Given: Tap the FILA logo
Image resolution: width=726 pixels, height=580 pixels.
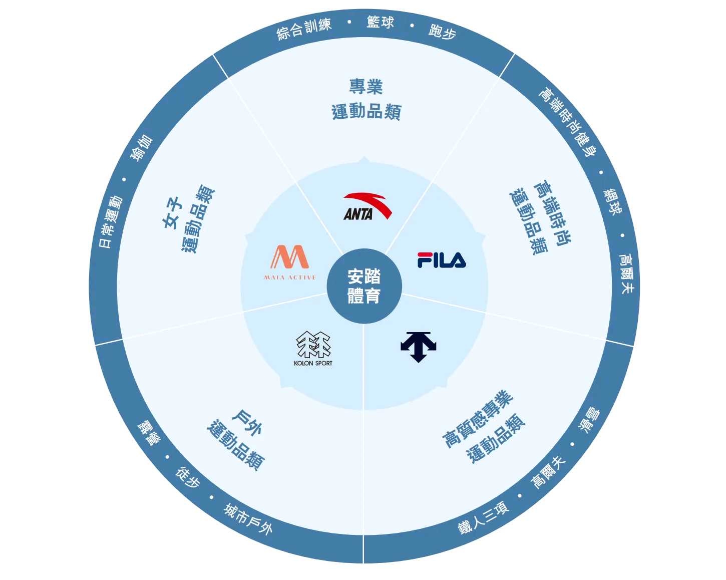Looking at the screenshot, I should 442,260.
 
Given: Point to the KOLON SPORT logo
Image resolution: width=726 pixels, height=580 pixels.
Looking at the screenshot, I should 313,349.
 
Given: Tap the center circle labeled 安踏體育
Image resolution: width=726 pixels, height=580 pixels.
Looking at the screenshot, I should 364,286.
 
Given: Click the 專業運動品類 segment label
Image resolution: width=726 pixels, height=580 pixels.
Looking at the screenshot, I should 366,99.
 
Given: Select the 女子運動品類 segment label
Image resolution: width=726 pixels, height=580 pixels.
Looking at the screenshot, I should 188,219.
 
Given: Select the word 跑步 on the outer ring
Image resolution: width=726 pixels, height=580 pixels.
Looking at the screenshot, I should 442,32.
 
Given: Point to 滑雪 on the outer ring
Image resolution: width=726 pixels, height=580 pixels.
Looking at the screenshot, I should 590,420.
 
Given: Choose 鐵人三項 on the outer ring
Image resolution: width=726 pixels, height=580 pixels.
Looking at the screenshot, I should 484,517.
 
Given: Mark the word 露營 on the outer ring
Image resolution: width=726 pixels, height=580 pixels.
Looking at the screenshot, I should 149,433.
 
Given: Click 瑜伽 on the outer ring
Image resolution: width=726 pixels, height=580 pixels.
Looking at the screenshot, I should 141,148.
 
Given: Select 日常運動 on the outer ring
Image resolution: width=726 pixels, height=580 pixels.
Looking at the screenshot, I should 111,222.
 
